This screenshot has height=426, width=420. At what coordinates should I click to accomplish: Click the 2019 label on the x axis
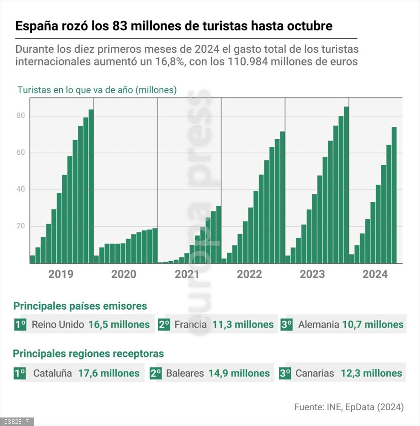[x=61, y=274]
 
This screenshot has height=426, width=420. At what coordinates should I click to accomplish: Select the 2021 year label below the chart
[x=187, y=274]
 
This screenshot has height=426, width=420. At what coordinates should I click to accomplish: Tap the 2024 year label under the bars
[x=375, y=274]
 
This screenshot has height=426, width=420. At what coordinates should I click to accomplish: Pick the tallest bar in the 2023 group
[x=346, y=185]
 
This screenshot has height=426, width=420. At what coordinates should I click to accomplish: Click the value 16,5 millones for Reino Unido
[x=119, y=325]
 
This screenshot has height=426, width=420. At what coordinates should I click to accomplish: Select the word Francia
[x=191, y=325]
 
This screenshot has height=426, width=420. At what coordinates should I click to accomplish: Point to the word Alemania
[x=319, y=325]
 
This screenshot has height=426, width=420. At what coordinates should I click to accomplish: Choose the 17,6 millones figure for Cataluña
[x=109, y=374]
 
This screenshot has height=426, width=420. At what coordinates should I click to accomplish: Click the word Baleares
[x=185, y=374]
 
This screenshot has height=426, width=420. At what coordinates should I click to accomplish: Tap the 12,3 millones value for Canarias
[x=371, y=374]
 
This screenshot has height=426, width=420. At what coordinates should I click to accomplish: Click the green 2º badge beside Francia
[x=164, y=325]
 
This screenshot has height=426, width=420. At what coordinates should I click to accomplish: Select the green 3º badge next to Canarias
[x=285, y=374]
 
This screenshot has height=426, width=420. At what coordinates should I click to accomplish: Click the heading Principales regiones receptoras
[x=88, y=354]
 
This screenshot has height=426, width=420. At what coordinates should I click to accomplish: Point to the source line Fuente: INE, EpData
[x=349, y=407]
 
